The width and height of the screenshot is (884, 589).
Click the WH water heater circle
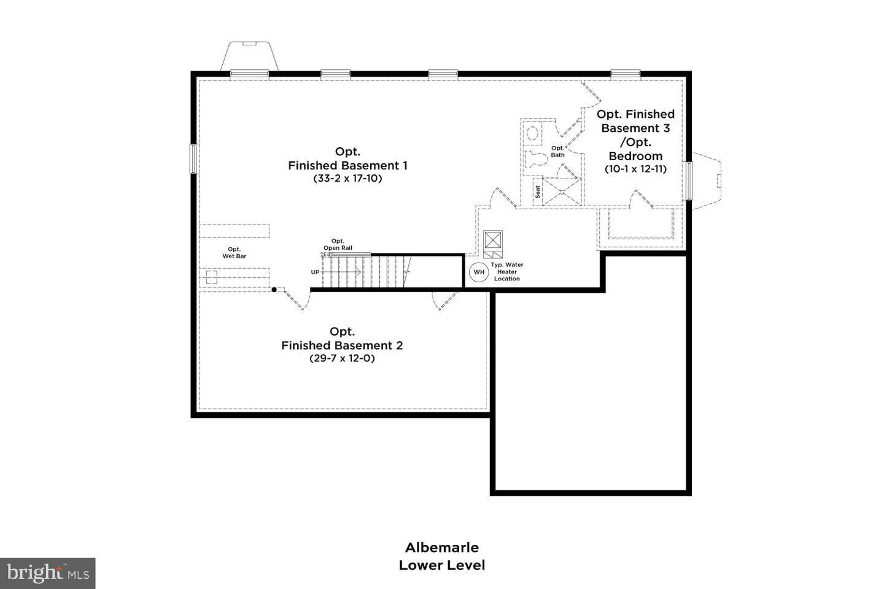479,272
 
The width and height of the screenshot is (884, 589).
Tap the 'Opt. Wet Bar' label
234,253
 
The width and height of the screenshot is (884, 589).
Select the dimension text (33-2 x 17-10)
347,179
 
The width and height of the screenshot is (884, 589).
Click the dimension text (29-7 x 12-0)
342,358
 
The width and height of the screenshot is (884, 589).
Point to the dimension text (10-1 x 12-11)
635,169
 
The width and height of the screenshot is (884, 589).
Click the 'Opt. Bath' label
557,152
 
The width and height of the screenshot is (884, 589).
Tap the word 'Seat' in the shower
538,191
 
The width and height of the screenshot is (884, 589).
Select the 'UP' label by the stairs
315,272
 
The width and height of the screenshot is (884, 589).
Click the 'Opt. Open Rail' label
338,244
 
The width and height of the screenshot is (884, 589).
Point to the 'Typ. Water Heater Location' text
507,272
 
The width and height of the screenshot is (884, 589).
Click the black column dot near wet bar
274,290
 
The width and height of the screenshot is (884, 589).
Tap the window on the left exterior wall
193,158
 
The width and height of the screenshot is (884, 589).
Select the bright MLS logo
48,574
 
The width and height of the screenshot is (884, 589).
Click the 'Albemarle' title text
441,547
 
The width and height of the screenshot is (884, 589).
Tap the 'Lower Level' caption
441,565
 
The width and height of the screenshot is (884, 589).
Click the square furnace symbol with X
493,239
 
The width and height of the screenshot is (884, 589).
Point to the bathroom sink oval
532,133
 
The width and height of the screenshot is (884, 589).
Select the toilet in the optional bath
536,160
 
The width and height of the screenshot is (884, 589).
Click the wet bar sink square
212,277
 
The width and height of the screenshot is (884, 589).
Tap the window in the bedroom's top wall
626,74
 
